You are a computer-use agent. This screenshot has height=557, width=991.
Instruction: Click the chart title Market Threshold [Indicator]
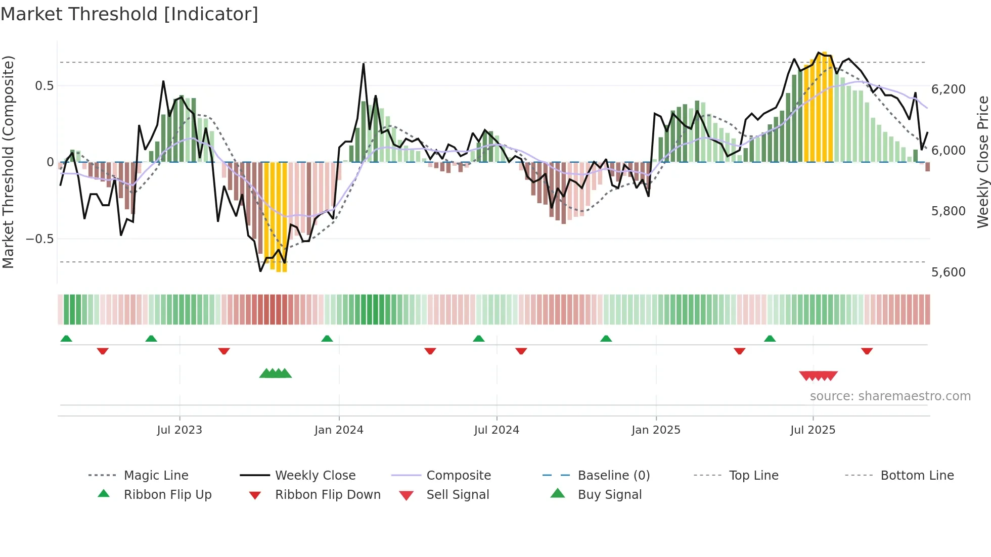129,14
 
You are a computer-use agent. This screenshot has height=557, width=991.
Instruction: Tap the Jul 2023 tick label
179,430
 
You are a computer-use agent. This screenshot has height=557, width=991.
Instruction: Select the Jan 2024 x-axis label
339,430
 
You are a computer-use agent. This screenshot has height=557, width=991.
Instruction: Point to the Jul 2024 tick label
497,430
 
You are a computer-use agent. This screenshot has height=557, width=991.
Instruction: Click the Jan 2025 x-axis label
656,430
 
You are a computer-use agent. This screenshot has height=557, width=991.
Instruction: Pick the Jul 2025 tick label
813,430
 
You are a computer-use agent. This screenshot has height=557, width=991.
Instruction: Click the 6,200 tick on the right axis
949,89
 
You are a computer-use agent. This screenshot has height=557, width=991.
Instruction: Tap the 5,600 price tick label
949,272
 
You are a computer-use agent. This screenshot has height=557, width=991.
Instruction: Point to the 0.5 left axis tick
44,86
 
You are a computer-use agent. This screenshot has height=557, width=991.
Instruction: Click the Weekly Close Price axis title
982,162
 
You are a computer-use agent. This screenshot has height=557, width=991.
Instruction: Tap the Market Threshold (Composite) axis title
8,162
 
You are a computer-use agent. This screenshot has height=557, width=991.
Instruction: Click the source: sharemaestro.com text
890,396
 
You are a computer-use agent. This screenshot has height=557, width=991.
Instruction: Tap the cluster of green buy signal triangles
276,374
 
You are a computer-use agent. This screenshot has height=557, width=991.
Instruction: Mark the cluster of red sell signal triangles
818,376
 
